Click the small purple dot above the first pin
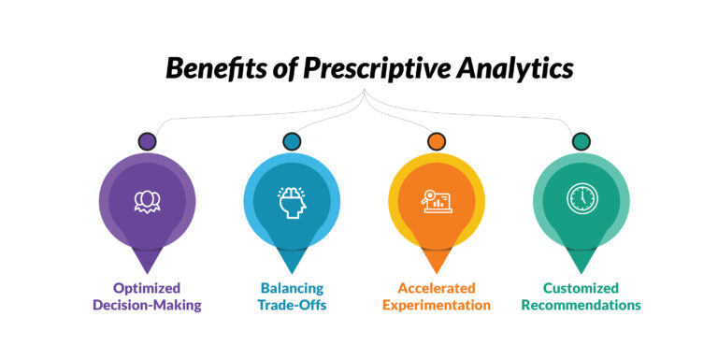(x=147, y=142)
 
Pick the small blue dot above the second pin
(x=291, y=142)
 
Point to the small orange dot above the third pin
(x=436, y=142)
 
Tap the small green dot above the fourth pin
(x=581, y=142)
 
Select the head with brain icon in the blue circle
(x=291, y=200)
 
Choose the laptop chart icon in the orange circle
(x=436, y=200)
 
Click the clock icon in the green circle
(x=581, y=199)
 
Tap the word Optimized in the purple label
(x=147, y=288)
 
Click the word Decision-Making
(x=147, y=305)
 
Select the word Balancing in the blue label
(x=291, y=288)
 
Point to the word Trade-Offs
(x=291, y=305)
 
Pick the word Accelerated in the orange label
(x=436, y=288)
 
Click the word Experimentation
(x=436, y=305)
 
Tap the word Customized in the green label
(x=581, y=288)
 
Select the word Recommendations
(x=581, y=305)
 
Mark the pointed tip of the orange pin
(x=436, y=271)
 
